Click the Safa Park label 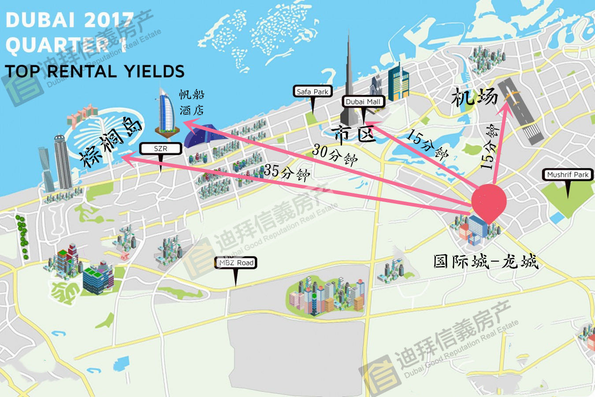pos(312,92)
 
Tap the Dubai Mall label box pos(363,102)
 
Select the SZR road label pos(160,149)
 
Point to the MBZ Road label pos(236,263)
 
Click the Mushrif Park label pos(568,175)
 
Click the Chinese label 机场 pos(474,97)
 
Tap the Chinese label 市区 pos(354,135)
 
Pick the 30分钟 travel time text pos(335,154)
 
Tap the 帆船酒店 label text pos(192,102)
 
